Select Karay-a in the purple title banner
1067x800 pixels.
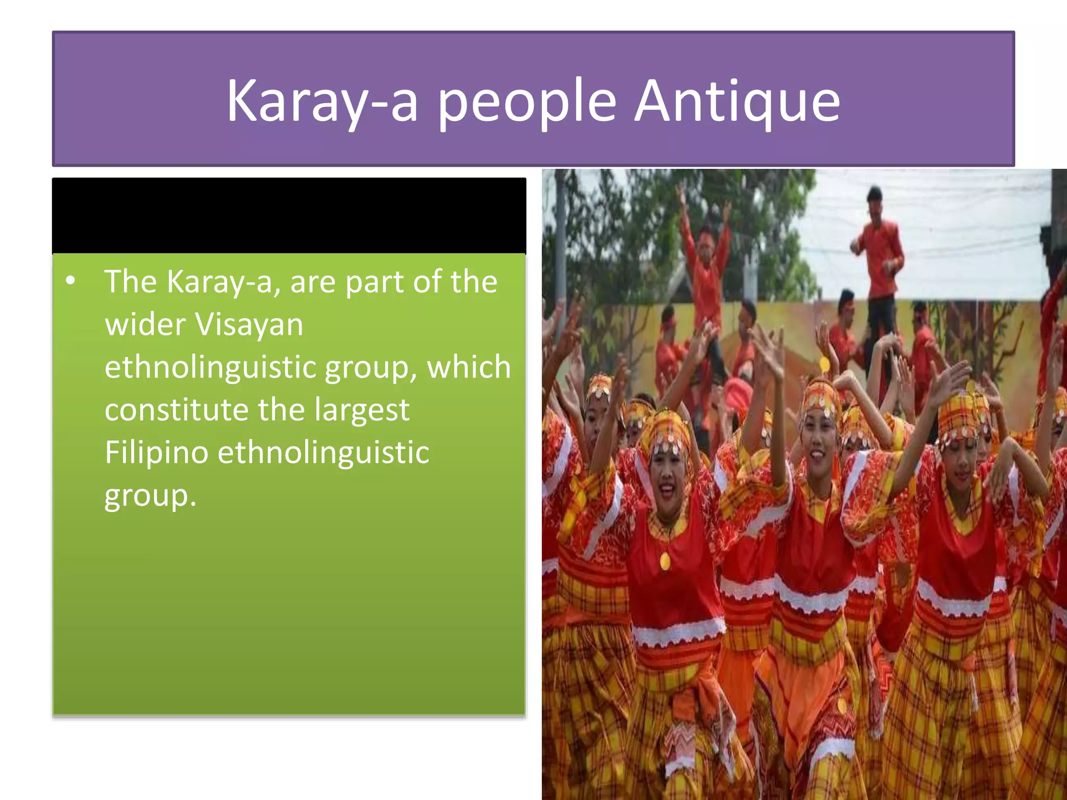coord(322,102)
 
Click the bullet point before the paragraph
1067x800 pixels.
coord(71,282)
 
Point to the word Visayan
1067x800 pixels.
coord(249,324)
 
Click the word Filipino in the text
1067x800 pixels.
coord(157,452)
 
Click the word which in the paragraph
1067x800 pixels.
coord(468,367)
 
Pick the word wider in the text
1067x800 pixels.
coord(145,324)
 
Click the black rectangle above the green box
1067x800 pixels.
coord(289,215)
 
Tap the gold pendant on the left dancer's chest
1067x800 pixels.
coord(665,561)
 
